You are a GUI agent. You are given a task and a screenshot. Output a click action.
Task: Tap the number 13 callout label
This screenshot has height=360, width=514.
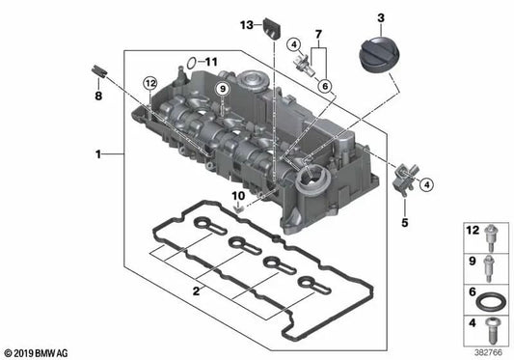coord(247,25)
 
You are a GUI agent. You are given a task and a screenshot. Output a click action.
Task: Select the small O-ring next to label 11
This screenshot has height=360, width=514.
coord(191,63)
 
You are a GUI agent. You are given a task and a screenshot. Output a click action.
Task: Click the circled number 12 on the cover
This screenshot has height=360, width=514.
coord(150,83)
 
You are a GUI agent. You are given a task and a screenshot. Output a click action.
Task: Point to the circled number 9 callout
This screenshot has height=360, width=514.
coord(222,89)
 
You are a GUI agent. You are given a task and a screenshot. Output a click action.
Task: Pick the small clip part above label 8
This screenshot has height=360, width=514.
coord(98,71)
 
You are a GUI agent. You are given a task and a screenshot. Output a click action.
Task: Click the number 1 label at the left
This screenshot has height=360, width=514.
coord(98,153)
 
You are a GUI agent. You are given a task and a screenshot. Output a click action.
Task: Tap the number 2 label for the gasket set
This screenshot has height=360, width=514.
coord(196,291)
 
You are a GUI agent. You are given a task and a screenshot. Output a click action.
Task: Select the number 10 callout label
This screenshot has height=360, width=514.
coord(238,196)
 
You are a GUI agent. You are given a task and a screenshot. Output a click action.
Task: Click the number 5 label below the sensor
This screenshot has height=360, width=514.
coord(405,223)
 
